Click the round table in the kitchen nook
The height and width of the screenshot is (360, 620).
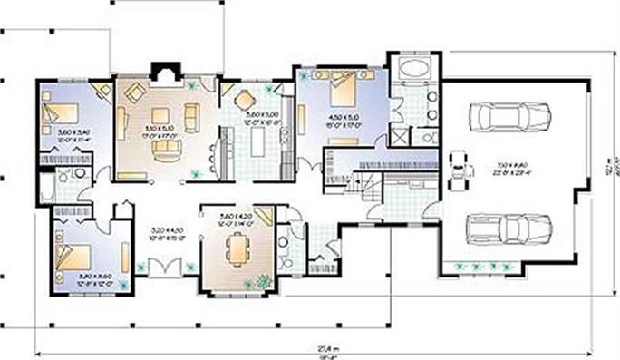point(245,100)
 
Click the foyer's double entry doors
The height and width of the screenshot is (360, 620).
point(166,269)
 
